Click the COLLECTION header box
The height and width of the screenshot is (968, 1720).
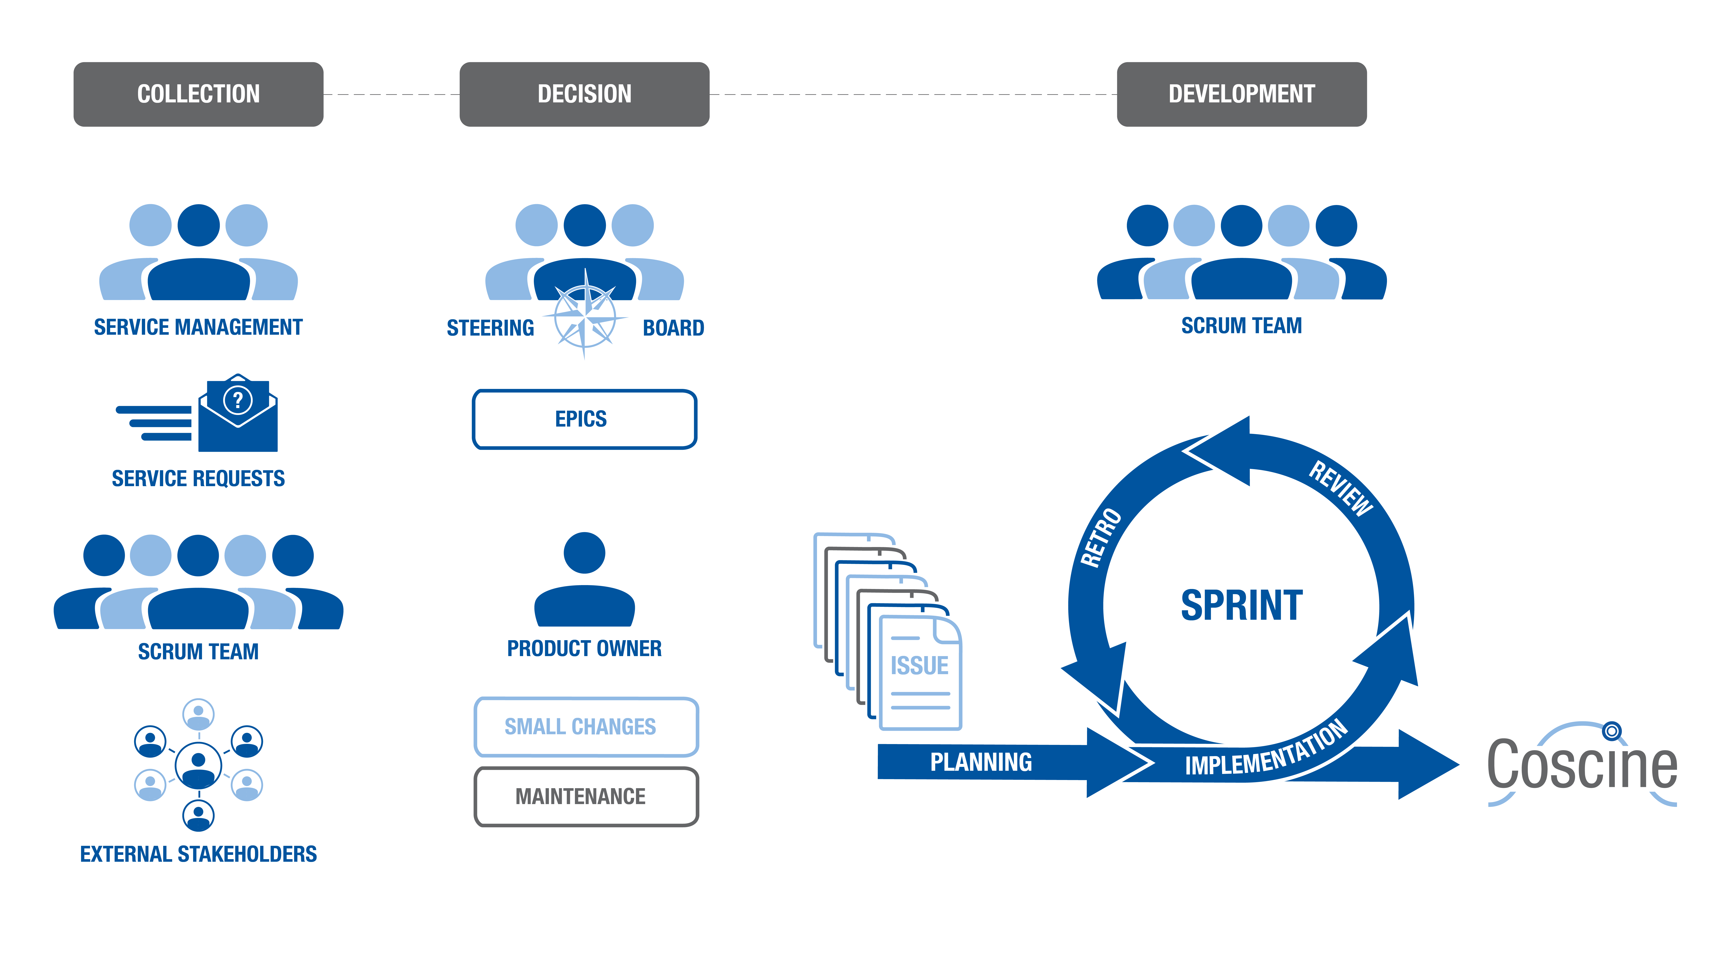(x=198, y=94)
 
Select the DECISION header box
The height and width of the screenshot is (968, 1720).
(x=584, y=94)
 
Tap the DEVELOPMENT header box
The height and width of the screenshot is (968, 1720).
(x=1241, y=94)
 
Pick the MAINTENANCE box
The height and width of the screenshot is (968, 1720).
(x=586, y=796)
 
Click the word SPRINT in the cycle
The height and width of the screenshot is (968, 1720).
(x=1241, y=605)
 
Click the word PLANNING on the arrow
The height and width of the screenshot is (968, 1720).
(x=981, y=761)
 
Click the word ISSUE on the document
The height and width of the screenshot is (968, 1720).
(x=919, y=666)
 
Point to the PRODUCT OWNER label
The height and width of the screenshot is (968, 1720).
(x=584, y=648)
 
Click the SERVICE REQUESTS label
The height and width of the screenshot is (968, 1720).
(x=198, y=478)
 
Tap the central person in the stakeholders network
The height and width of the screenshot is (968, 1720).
(x=198, y=765)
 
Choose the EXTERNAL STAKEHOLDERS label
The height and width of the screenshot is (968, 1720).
(x=198, y=854)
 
